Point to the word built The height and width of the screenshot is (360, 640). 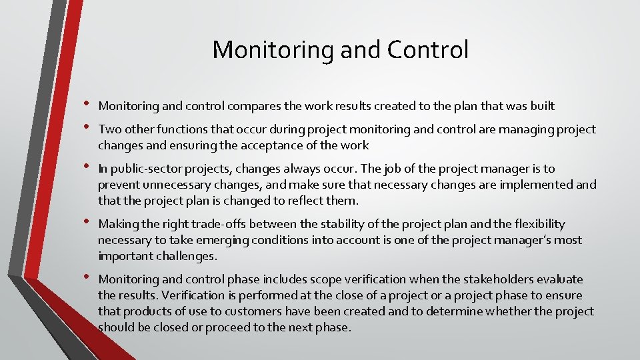pos(541,105)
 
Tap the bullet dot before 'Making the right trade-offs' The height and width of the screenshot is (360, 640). pos(87,222)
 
